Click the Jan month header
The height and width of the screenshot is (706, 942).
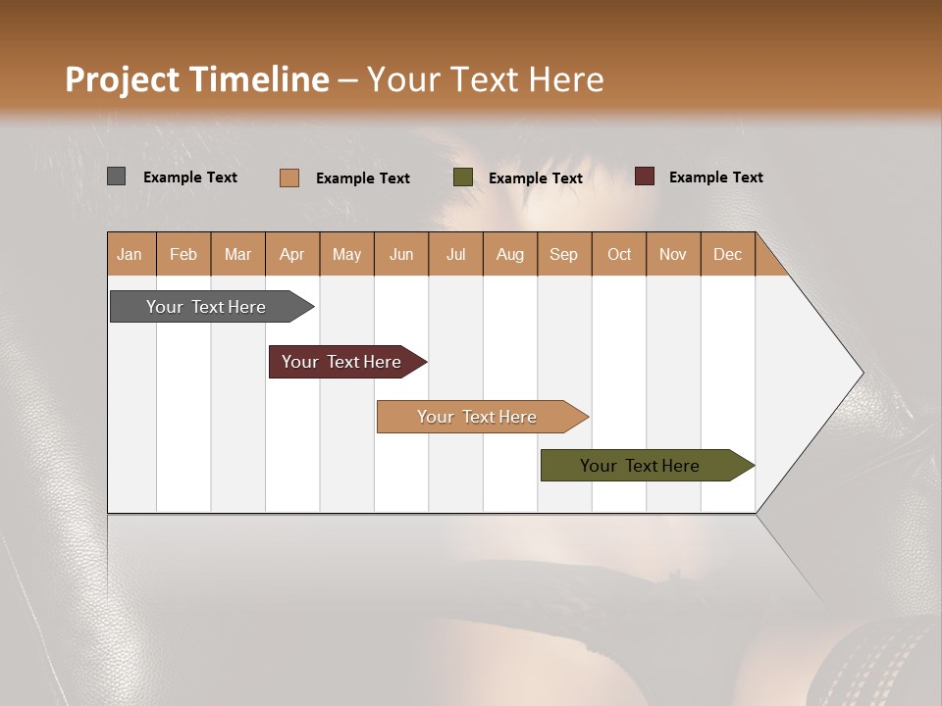pyautogui.click(x=131, y=254)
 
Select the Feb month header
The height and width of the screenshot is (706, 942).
pyautogui.click(x=183, y=254)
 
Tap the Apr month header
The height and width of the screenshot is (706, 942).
pyautogui.click(x=292, y=254)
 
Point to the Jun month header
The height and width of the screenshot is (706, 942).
pyautogui.click(x=401, y=254)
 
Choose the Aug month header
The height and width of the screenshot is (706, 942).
pyautogui.click(x=510, y=254)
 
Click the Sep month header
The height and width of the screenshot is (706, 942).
pyautogui.click(x=564, y=254)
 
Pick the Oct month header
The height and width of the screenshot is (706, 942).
pyautogui.click(x=619, y=254)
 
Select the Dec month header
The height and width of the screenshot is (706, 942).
pyautogui.click(x=728, y=254)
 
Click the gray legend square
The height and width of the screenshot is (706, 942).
pyautogui.click(x=116, y=176)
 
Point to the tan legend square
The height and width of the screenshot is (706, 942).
pyautogui.click(x=288, y=177)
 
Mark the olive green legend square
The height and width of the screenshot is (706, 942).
pyautogui.click(x=463, y=177)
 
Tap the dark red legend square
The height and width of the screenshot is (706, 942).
pyautogui.click(x=644, y=176)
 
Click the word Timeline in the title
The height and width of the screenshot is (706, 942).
pyautogui.click(x=257, y=79)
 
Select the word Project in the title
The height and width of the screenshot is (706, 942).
pyautogui.click(x=121, y=79)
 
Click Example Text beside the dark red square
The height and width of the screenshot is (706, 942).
pyautogui.click(x=715, y=177)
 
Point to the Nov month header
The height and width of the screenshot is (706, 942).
pyautogui.click(x=673, y=254)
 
